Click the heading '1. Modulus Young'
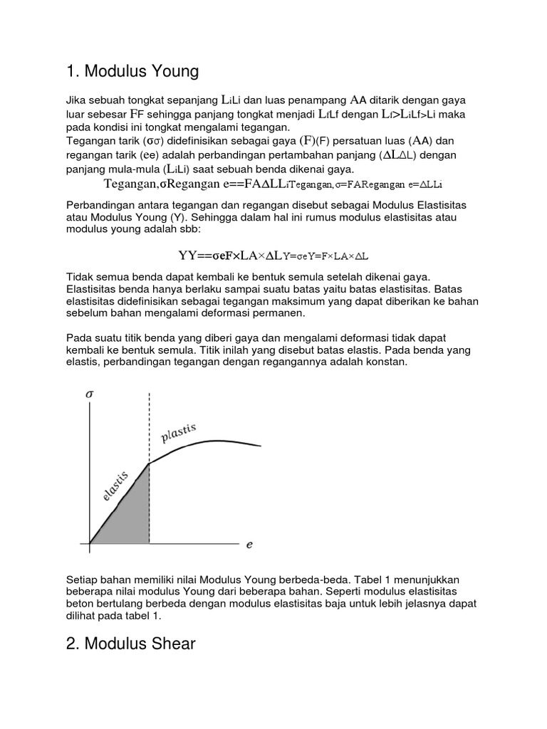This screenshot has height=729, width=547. (x=132, y=71)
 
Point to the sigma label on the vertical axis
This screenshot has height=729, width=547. (x=88, y=394)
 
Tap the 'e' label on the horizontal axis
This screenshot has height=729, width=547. (x=249, y=545)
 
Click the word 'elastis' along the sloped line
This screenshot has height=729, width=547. (x=115, y=487)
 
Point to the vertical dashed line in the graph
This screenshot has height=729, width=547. (x=149, y=427)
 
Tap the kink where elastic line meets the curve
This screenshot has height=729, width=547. (x=149, y=463)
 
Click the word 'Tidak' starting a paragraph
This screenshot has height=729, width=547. (x=79, y=276)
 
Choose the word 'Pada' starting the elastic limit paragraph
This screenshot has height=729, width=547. (x=78, y=337)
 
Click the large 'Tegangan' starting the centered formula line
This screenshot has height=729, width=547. (x=128, y=184)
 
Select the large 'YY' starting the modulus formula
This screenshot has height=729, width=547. (x=187, y=255)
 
